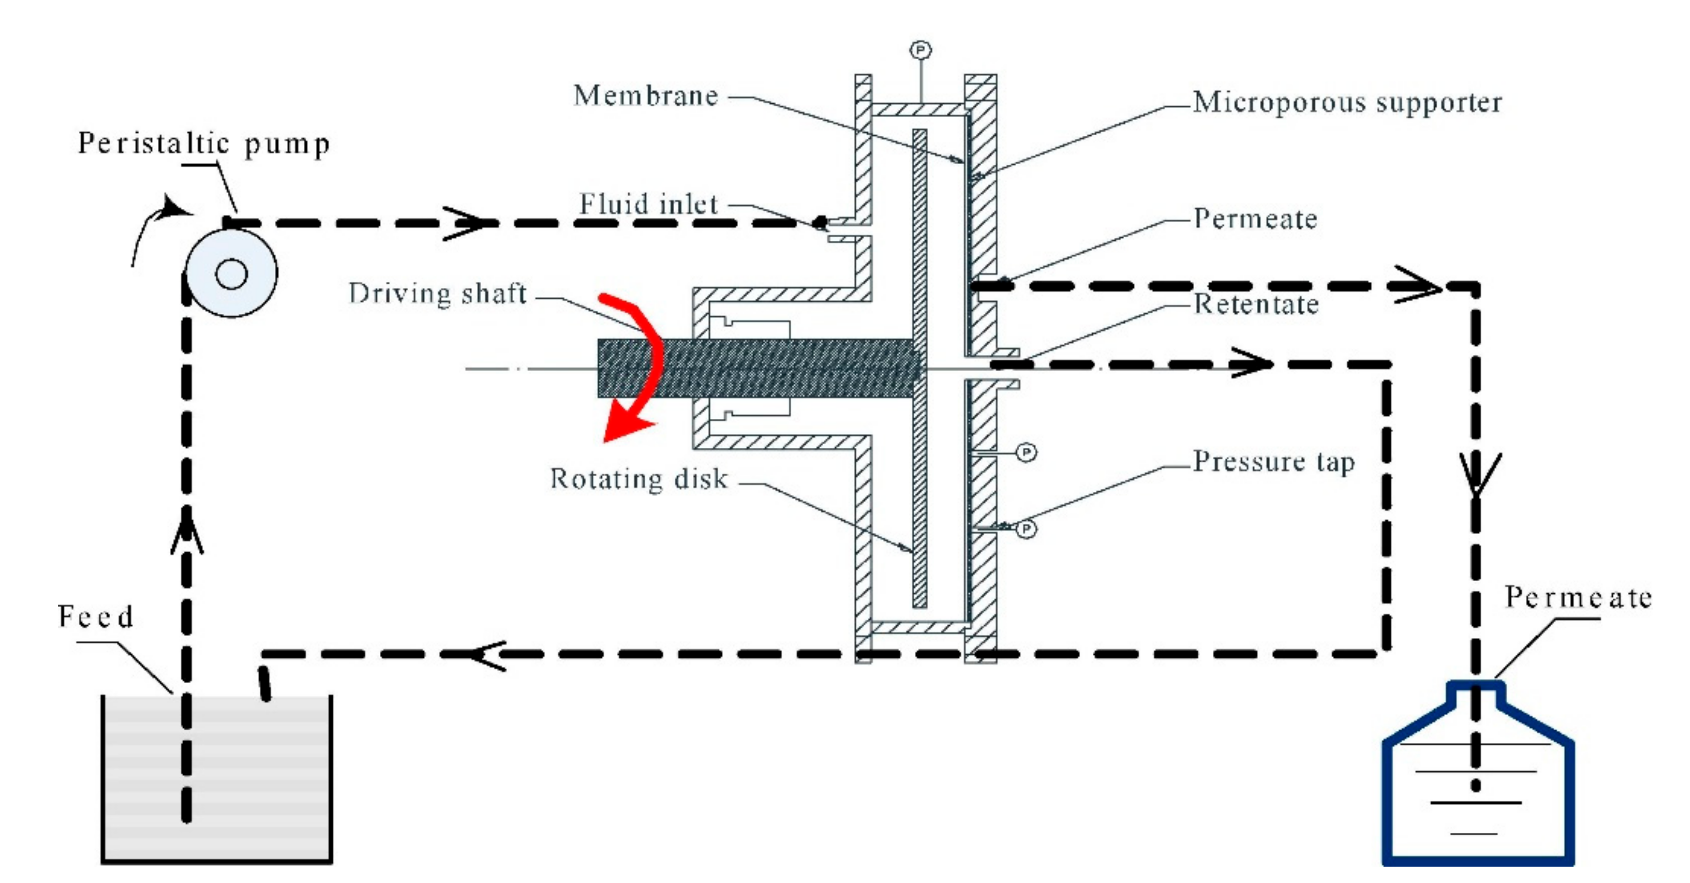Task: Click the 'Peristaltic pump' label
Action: click(x=203, y=144)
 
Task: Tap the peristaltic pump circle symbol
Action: click(x=232, y=273)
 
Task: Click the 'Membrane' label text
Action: click(x=646, y=96)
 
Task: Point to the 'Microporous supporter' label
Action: click(x=1347, y=102)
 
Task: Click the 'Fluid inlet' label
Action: click(x=648, y=204)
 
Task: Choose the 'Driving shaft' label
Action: click(x=438, y=293)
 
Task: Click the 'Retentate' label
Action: click(x=1255, y=304)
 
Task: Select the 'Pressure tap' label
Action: click(x=1273, y=462)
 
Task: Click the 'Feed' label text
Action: click(x=96, y=616)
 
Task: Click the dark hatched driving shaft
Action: click(x=754, y=368)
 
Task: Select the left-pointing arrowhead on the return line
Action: click(x=486, y=655)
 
